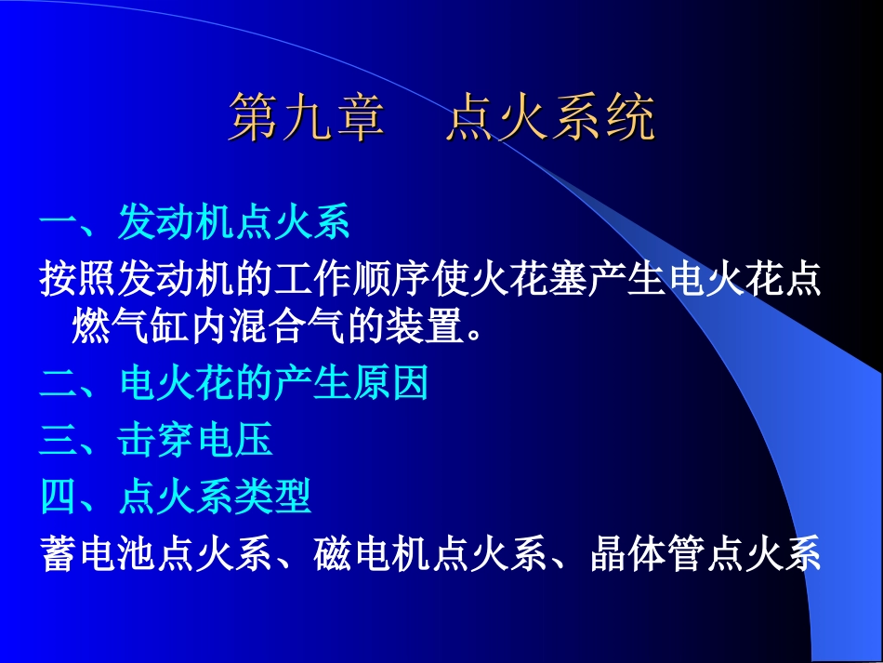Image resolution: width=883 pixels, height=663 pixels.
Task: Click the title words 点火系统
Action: [x=550, y=119]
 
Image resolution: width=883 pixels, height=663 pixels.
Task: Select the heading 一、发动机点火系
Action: [x=195, y=224]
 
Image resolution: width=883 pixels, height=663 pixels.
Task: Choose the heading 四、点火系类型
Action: [x=176, y=498]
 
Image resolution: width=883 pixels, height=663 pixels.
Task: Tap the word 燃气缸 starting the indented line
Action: [x=131, y=327]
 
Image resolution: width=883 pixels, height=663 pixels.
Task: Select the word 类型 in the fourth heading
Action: [x=273, y=498]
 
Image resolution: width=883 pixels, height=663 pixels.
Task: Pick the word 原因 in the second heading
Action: [x=390, y=382]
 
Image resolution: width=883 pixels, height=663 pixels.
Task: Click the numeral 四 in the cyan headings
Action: [x=59, y=498]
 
